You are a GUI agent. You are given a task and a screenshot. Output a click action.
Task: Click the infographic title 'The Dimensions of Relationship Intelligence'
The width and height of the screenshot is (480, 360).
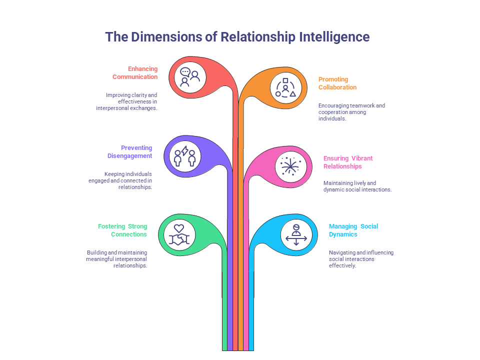coord(237,37)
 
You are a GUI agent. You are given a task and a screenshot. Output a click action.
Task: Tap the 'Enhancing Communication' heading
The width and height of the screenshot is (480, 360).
coord(135,73)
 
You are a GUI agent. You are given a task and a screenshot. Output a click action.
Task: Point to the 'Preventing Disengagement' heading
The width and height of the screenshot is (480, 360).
coord(130,152)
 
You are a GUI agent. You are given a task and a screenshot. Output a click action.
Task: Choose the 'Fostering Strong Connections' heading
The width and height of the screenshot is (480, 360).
coord(123,230)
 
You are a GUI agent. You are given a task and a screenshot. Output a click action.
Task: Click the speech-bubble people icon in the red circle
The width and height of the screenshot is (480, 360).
coord(189,77)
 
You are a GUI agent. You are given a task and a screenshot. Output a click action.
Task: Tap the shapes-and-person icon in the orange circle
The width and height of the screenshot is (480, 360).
coord(285,87)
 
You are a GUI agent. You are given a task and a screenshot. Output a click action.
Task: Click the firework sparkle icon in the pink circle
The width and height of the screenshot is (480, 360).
coord(290,166)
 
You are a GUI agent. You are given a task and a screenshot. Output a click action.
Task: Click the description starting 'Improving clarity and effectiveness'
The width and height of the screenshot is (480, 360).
coord(127,101)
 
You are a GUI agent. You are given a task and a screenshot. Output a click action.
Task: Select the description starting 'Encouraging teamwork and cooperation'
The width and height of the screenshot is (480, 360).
coord(351,112)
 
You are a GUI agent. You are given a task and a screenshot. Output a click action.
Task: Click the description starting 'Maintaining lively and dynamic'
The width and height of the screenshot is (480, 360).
coord(357,186)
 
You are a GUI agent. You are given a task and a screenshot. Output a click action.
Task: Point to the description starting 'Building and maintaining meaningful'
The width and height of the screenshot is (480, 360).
coord(117,259)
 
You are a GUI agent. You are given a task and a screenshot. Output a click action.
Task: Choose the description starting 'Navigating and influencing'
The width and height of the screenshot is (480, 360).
coord(361,259)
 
